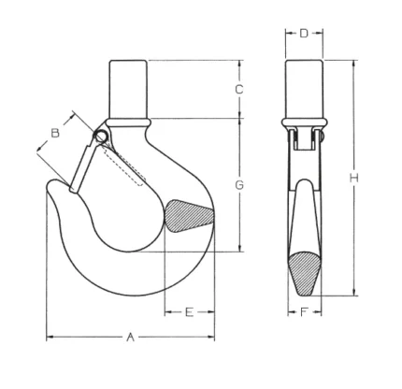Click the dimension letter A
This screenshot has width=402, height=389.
point(131,337)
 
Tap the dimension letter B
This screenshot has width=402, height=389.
point(55,133)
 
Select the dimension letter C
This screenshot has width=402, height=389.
point(239,90)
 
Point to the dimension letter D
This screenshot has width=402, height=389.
point(304,33)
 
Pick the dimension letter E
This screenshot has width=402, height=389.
point(190,311)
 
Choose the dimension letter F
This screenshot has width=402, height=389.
point(304,311)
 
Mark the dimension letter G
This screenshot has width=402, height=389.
point(239,185)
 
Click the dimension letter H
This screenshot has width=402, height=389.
point(353,178)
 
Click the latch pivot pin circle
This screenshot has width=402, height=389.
point(101,137)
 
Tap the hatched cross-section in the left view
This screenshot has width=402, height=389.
point(189,216)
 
